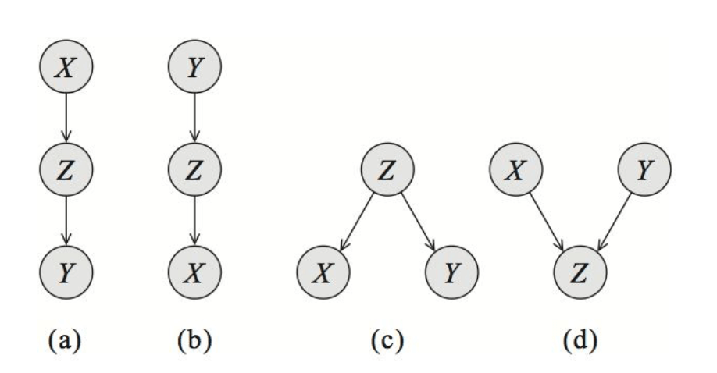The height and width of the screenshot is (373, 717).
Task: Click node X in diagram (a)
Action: pyautogui.click(x=67, y=68)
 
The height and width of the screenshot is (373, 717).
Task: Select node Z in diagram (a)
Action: pyautogui.click(x=67, y=169)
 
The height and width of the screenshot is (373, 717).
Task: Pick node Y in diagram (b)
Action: pyautogui.click(x=194, y=68)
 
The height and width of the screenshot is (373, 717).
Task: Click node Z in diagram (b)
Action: pyautogui.click(x=194, y=169)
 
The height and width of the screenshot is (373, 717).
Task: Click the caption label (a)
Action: pyautogui.click(x=67, y=339)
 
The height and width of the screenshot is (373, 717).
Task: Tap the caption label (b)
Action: pyautogui.click(x=194, y=339)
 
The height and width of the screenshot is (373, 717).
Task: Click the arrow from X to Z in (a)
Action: pyautogui.click(x=67, y=119)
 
